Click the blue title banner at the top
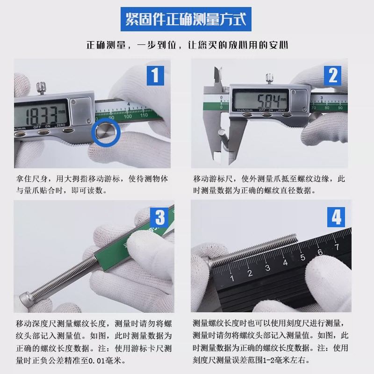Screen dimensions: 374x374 tap(186, 19)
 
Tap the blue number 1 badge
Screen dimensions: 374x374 tap(155, 76)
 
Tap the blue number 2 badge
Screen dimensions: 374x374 tap(332, 76)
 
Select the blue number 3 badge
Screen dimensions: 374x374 tap(159, 217)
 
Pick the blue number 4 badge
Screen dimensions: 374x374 tap(336, 217)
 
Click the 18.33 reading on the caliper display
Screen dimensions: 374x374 tap(41, 116)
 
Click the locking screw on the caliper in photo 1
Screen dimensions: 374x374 tap(41, 88)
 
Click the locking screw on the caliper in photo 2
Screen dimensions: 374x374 tap(269, 79)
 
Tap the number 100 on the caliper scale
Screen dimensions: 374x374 tap(128, 116)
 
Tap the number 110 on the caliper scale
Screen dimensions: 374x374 tap(144, 115)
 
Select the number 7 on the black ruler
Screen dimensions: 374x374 tap(337, 247)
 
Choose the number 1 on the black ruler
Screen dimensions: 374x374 tap(232, 278)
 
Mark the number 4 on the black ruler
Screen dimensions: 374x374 tap(286, 263)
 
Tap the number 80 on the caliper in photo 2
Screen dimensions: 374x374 tap(327, 108)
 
